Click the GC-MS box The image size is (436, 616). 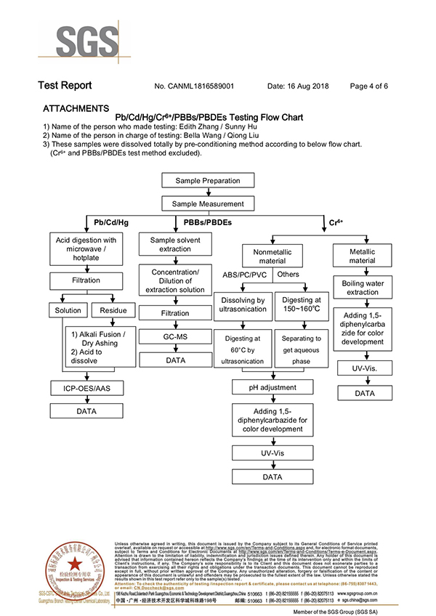pyautogui.click(x=175, y=337)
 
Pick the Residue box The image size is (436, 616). pyautogui.click(x=113, y=310)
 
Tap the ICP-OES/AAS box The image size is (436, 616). pyautogui.click(x=86, y=389)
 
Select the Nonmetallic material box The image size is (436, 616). pyautogui.click(x=272, y=256)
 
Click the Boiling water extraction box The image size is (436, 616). pyautogui.click(x=362, y=288)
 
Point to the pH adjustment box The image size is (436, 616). pyautogui.click(x=272, y=388)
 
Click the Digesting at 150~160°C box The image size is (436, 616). pyautogui.click(x=302, y=304)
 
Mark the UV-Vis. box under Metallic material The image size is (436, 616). pyautogui.click(x=362, y=369)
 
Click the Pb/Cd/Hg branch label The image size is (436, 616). pyautogui.click(x=111, y=222)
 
